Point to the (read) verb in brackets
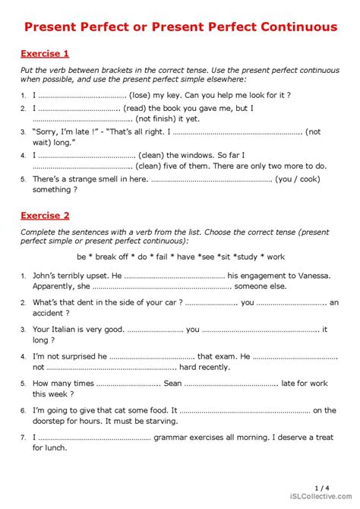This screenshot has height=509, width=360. coord(137,109)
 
